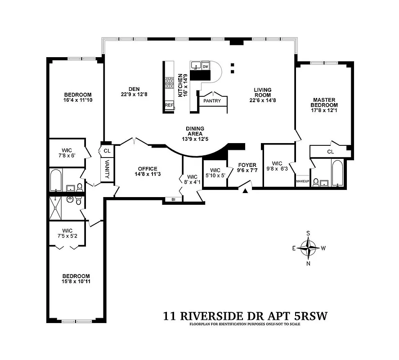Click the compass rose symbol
309,247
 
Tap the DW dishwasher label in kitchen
206,67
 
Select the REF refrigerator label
169,105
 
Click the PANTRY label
212,101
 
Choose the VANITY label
107,169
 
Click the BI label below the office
173,199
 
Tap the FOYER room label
247,165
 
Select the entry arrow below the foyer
245,191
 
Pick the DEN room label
127,88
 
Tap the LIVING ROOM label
262,92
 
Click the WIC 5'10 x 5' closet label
215,173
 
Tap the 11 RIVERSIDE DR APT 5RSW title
245,316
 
